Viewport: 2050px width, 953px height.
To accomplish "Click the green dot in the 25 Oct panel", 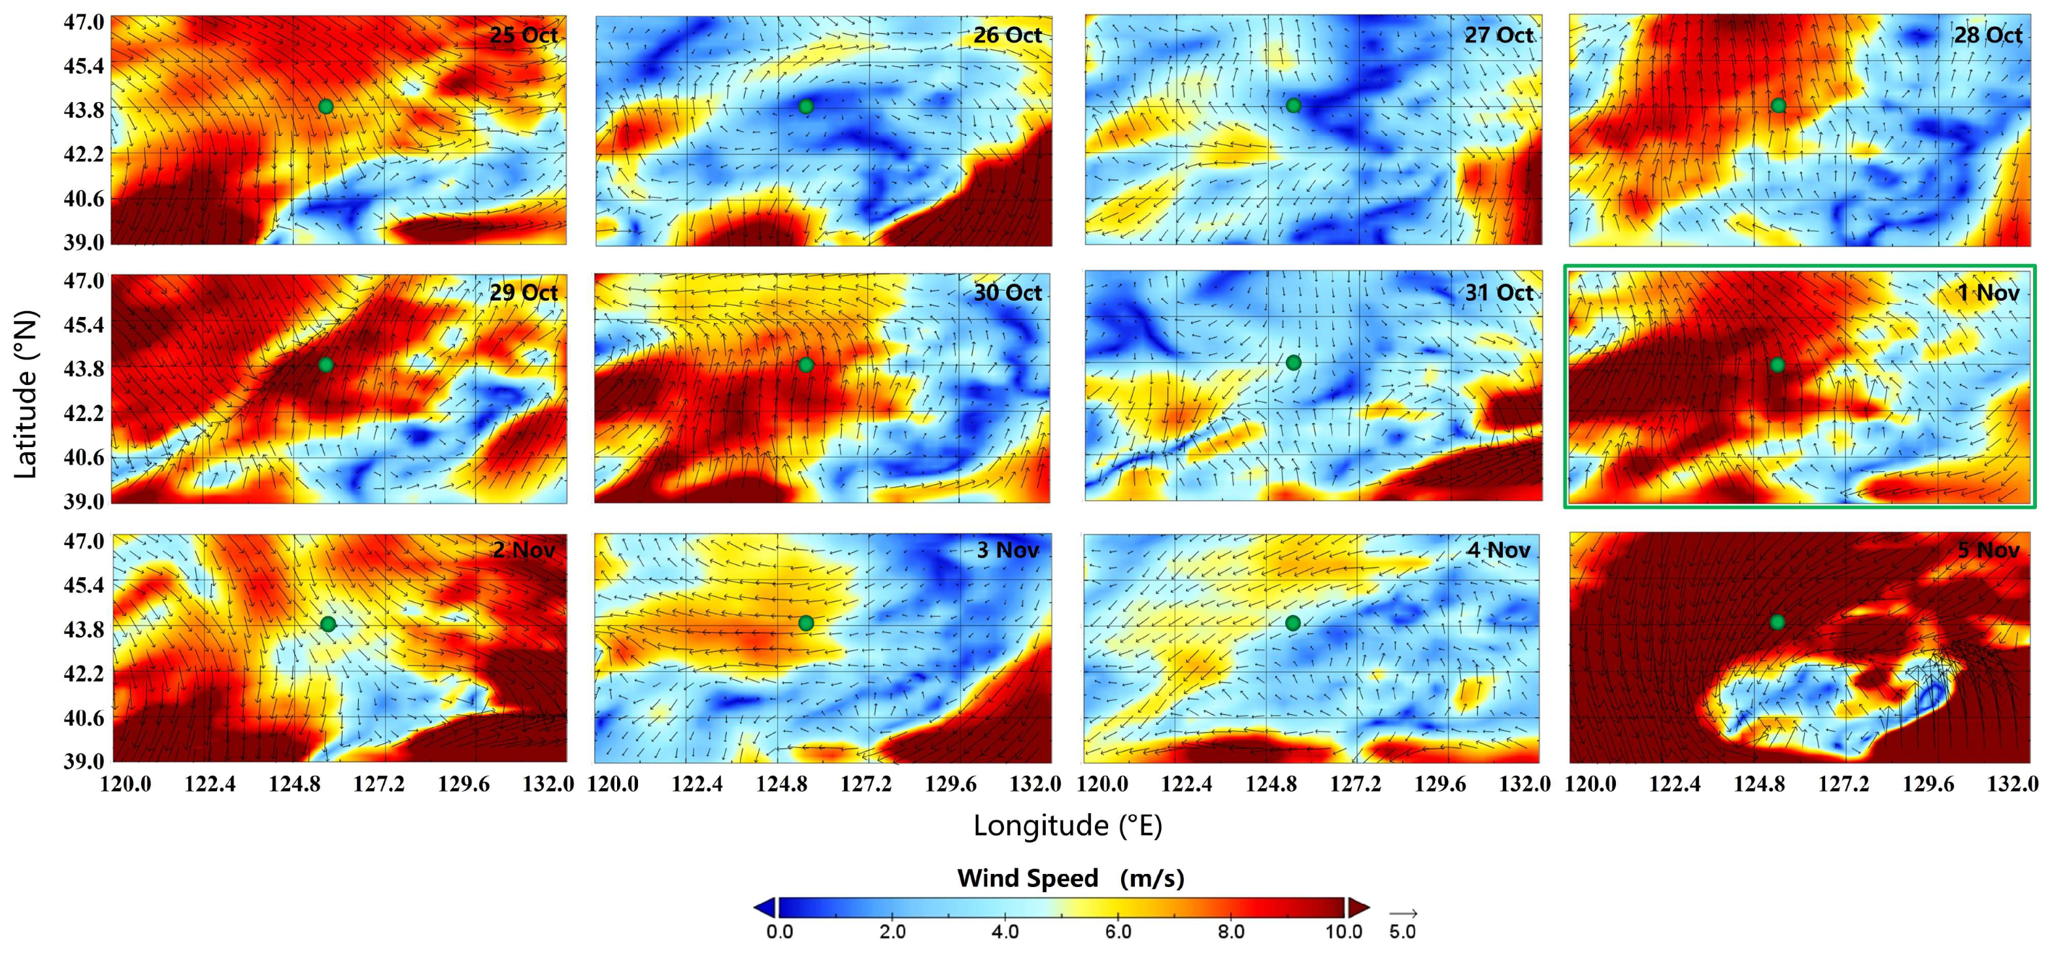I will point(326,107).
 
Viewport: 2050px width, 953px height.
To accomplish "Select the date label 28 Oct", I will point(1988,35).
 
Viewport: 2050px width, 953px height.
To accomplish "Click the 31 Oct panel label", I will point(1498,293).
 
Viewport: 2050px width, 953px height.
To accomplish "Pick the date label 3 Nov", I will point(1007,550).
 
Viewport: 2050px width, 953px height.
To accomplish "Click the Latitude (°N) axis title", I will point(25,393).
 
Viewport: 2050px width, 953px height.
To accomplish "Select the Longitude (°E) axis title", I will point(1067,826).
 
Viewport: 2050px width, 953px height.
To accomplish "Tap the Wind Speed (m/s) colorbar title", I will point(1070,878).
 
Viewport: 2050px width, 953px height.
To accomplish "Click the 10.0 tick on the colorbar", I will point(1343,931).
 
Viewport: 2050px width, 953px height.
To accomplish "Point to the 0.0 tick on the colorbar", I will point(780,931).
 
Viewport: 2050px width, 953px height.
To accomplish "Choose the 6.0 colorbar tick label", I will point(1118,931).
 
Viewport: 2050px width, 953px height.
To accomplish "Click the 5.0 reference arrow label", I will point(1402,931).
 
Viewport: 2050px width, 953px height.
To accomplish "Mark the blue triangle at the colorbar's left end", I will point(765,908).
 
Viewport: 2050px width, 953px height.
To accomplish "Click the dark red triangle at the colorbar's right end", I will point(1358,908).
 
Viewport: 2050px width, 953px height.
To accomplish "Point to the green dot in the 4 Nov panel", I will point(1292,623).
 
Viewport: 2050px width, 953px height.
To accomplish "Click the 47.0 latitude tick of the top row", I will point(84,22).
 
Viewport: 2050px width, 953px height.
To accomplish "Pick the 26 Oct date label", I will point(1007,35).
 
